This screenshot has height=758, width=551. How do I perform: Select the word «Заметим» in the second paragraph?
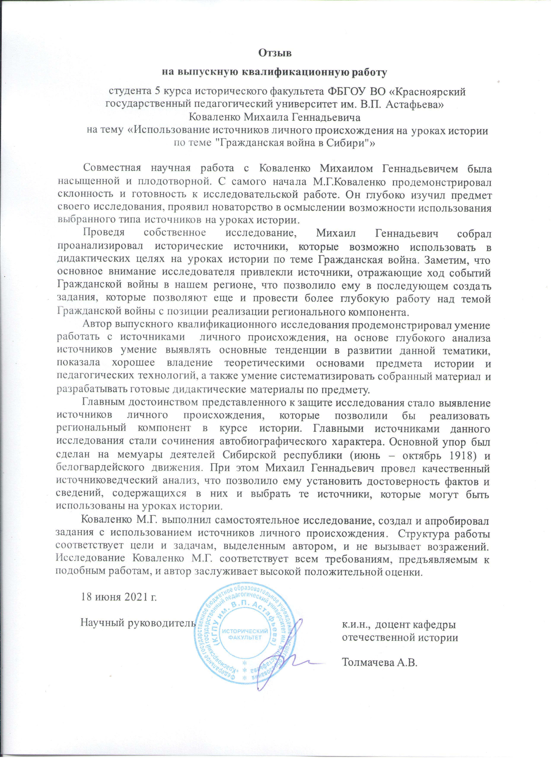point(452,259)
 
